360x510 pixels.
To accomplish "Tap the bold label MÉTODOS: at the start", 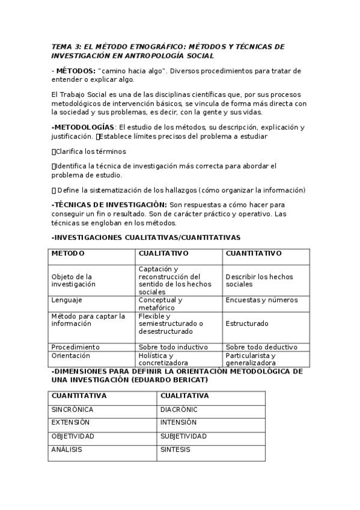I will click(x=75, y=70).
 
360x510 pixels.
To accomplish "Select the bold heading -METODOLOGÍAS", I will click(x=83, y=127).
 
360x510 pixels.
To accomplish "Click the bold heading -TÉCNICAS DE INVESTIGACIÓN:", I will click(x=101, y=204).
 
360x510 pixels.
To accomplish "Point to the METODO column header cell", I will click(x=68, y=254).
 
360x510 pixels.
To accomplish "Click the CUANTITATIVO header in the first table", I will click(x=254, y=254).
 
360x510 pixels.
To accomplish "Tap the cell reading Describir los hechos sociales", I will click(x=259, y=280).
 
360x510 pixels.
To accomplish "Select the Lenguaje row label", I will click(x=67, y=300).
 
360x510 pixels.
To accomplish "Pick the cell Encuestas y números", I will click(x=261, y=300).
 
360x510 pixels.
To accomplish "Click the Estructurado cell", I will click(x=247, y=324).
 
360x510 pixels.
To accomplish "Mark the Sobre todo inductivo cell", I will click(x=173, y=347).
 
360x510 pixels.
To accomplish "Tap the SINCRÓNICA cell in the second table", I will click(x=72, y=410).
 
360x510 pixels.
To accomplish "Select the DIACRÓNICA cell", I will click(x=179, y=410).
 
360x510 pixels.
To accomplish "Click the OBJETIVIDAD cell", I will click(x=73, y=436).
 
